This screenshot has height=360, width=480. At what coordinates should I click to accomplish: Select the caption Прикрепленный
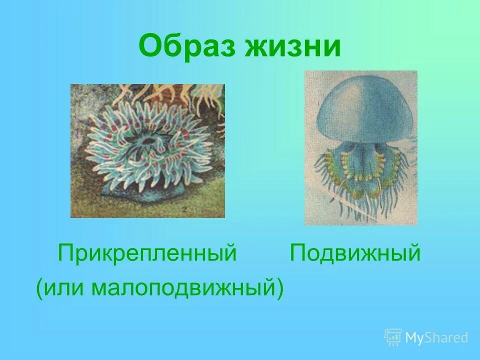tap(147, 253)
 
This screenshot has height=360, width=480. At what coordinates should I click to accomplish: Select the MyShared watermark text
tap(436, 338)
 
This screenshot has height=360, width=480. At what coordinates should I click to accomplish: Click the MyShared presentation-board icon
tap(393, 337)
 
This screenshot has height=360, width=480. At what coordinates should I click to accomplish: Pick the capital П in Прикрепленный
tap(65, 253)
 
